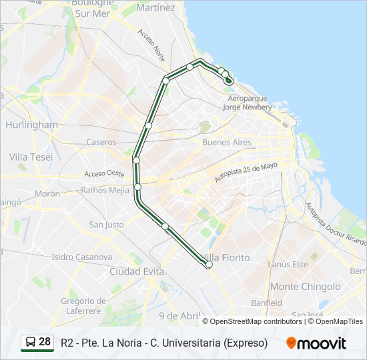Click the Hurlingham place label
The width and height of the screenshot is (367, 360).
click(x=31, y=125)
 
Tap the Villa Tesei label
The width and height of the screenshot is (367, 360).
click(x=31, y=157)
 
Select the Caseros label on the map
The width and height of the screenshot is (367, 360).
click(x=101, y=142)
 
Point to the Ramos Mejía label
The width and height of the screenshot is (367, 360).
click(x=105, y=190)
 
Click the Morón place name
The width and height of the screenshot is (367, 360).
click(x=47, y=193)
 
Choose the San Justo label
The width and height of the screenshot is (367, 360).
click(x=106, y=225)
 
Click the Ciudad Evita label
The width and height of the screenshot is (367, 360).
click(x=137, y=271)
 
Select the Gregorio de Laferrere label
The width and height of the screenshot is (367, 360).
click(x=83, y=305)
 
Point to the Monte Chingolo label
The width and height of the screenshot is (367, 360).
click(x=306, y=287)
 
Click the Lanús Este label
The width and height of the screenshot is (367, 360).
click(x=288, y=264)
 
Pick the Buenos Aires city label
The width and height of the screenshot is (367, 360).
click(x=226, y=143)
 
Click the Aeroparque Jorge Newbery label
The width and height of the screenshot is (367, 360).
click(x=247, y=102)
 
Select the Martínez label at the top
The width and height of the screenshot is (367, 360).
click(x=155, y=8)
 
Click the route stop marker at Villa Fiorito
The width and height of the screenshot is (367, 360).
click(x=209, y=265)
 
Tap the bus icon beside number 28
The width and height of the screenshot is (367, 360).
click(x=30, y=343)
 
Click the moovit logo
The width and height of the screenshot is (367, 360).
click(x=316, y=343)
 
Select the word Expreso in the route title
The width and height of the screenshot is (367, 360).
click(x=246, y=343)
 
